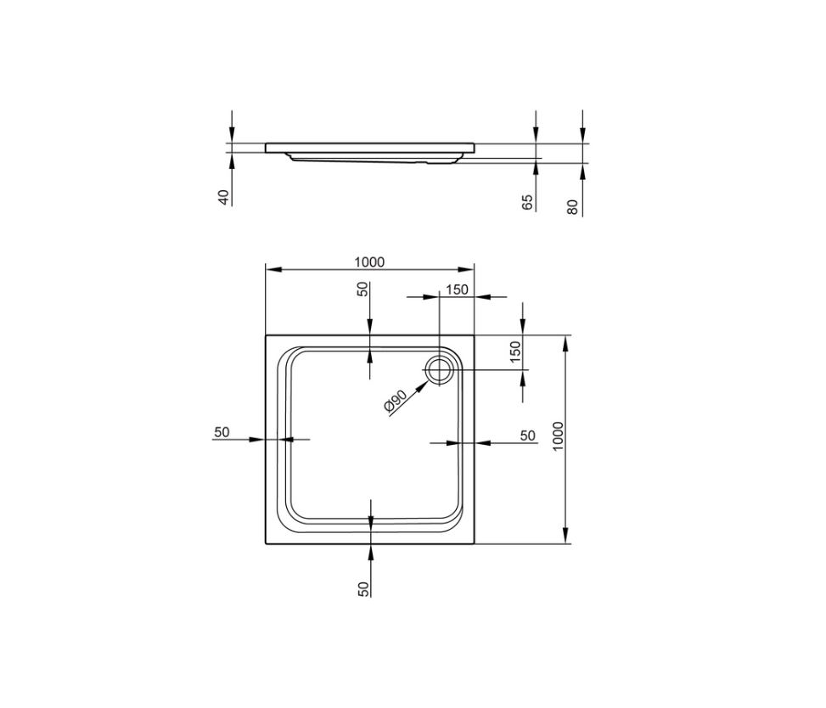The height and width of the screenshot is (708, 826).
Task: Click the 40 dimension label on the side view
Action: point(224,198)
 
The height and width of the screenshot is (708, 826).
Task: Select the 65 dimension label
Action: point(528,203)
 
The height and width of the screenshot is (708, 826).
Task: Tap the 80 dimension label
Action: point(573,207)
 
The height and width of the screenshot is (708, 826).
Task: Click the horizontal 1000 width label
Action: point(370,261)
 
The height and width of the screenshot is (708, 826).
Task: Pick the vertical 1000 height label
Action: point(559,436)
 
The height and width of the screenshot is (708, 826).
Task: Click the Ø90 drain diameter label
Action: point(396,401)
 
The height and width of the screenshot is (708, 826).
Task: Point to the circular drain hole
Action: point(438,369)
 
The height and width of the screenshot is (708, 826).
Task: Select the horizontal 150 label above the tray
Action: point(458,289)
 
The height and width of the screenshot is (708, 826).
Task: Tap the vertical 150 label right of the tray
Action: point(515,352)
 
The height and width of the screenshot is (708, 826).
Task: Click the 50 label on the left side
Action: point(222,432)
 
